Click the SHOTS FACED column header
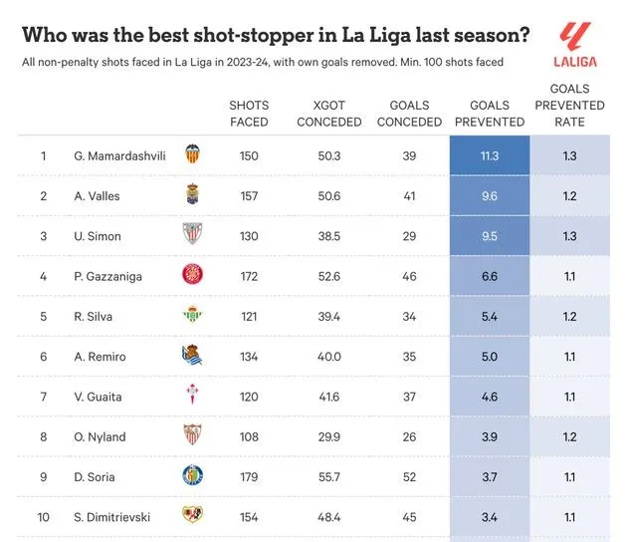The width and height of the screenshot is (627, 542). click(x=249, y=114)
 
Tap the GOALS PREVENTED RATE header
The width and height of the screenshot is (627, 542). click(x=569, y=105)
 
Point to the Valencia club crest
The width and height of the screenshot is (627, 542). click(x=192, y=155)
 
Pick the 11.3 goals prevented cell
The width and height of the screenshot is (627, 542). click(x=489, y=156)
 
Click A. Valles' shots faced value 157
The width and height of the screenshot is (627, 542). click(x=249, y=196)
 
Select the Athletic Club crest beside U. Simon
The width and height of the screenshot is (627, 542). click(x=192, y=235)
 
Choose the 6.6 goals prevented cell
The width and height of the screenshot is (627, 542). click(x=489, y=276)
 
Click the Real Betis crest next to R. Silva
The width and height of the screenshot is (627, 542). click(x=192, y=316)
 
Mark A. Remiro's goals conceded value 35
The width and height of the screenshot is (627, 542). click(x=409, y=356)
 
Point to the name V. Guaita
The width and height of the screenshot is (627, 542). click(x=99, y=397)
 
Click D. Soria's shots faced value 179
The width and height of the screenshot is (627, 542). click(x=249, y=476)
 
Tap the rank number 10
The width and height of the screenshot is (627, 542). click(x=44, y=516)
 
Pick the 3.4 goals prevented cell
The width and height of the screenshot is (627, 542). click(x=489, y=516)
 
